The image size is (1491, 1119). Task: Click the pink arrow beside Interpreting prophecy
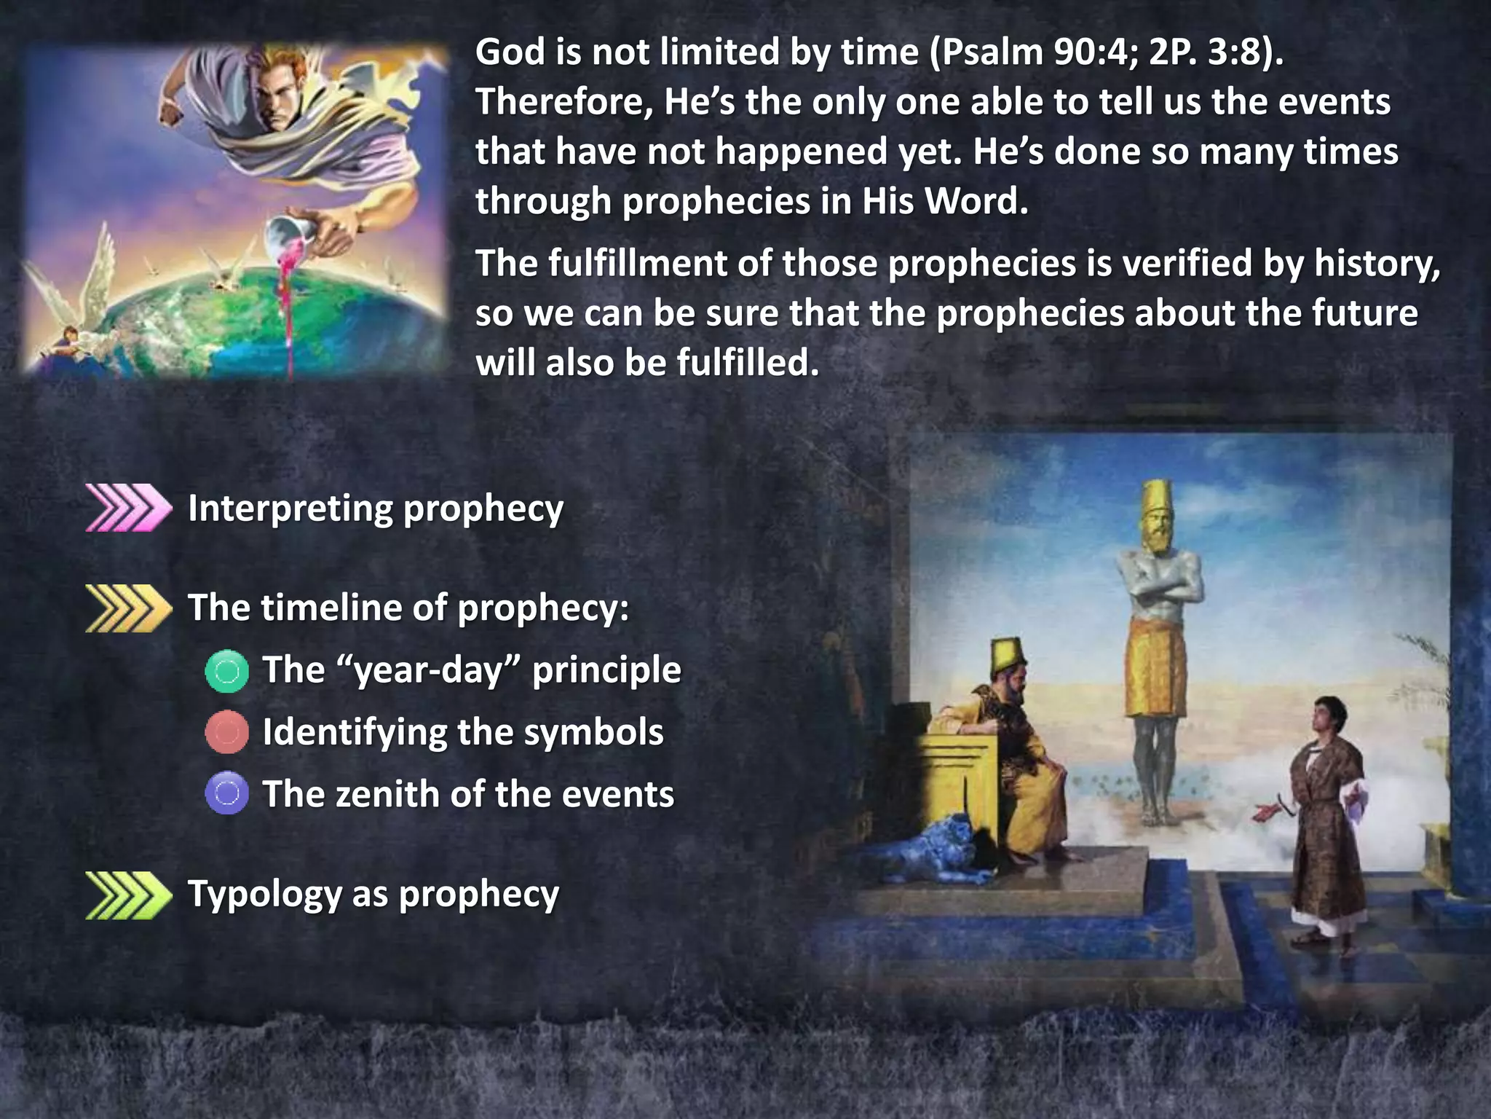coord(128,508)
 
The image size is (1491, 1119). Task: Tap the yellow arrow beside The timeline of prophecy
coord(128,608)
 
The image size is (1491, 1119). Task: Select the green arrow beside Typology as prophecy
coord(128,895)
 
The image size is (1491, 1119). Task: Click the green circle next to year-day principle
coord(227,670)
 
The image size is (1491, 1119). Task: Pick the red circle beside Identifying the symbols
coord(227,732)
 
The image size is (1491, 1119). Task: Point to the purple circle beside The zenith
coord(227,793)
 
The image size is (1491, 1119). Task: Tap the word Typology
coord(265,895)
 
